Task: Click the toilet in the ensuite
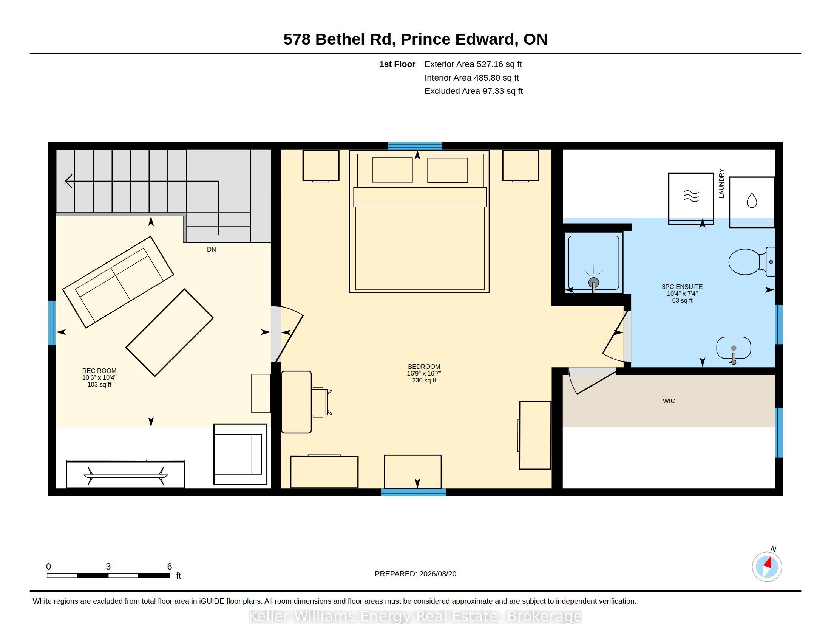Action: point(751,262)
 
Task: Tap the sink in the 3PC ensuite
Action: point(734,348)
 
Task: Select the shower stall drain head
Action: point(593,283)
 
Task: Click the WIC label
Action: point(669,401)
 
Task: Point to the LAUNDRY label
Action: point(721,183)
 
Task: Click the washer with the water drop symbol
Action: point(752,202)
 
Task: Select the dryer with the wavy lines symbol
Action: point(691,199)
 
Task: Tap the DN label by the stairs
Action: point(212,249)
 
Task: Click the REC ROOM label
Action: point(99,371)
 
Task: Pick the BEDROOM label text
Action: point(424,367)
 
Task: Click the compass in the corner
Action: point(767,567)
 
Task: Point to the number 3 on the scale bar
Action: point(108,567)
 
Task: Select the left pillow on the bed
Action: point(392,170)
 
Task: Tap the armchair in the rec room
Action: point(241,454)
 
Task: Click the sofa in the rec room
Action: point(118,282)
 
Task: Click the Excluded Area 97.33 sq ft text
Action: point(473,91)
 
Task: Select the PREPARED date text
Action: point(415,574)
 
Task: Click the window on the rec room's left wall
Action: point(52,323)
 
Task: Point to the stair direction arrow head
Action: point(69,181)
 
